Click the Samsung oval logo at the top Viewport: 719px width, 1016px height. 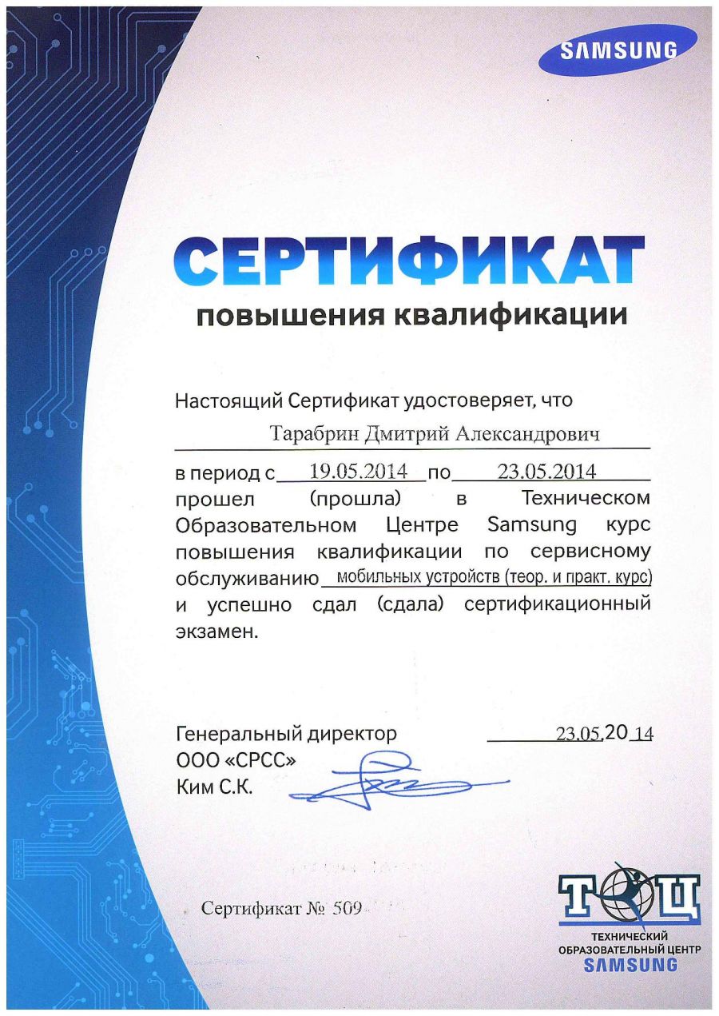617,49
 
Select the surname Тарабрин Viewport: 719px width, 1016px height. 314,434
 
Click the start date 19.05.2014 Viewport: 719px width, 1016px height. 353,471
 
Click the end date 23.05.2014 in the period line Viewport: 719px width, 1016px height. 546,471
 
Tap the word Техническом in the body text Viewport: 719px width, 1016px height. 586,499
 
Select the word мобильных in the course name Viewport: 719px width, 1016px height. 377,577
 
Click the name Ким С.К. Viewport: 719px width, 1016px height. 214,788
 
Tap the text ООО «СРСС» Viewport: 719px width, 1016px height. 236,761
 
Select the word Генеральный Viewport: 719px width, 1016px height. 232,733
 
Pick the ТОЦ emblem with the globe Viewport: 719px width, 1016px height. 629,897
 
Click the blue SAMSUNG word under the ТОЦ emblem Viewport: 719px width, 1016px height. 630,964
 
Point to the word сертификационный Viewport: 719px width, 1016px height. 557,604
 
